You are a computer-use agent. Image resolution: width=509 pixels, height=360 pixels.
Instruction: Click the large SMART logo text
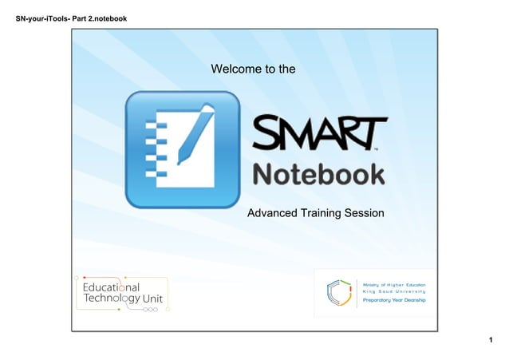pos(319,133)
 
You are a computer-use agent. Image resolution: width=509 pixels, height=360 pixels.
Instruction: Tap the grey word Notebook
pos(318,175)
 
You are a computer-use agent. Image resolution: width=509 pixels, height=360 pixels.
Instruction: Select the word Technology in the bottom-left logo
pos(112,299)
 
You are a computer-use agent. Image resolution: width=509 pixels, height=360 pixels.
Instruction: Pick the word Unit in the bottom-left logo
pos(155,299)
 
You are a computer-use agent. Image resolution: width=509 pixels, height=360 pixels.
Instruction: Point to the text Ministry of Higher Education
pos(394,284)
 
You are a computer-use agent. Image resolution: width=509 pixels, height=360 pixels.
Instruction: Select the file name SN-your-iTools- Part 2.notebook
pos(66,18)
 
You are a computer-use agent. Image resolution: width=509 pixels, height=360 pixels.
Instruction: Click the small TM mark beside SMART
pos(376,148)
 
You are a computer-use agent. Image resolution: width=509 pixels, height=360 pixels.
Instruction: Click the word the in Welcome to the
pos(287,69)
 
